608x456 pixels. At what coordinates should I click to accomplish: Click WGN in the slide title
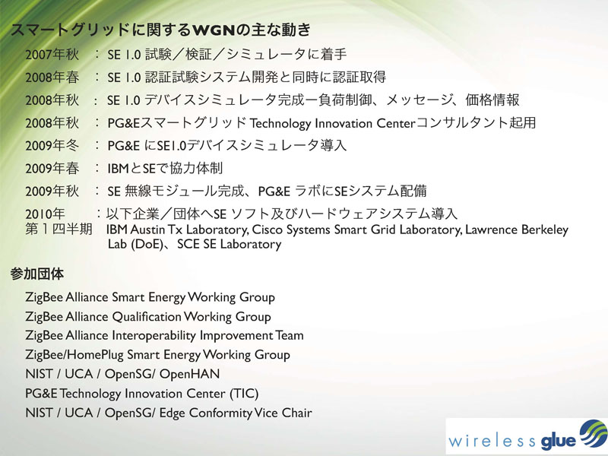pos(214,30)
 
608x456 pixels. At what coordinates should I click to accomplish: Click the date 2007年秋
pos(52,55)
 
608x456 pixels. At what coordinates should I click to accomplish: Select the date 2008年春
pos(52,78)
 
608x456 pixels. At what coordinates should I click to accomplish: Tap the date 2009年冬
pos(52,146)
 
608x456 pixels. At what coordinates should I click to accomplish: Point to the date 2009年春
pos(52,169)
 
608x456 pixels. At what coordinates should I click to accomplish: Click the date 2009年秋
pos(52,192)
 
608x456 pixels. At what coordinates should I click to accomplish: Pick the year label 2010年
pos(45,214)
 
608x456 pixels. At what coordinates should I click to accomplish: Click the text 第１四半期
pos(59,230)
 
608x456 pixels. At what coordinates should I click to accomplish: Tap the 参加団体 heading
pos(36,274)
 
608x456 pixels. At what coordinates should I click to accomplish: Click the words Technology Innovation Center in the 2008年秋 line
pos(333,124)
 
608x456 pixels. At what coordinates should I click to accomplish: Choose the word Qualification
pos(147,317)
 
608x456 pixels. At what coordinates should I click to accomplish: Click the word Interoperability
pos(154,336)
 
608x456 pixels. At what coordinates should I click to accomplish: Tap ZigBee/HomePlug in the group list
pos(74,355)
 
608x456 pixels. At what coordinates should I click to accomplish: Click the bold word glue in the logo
pos(558,442)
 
